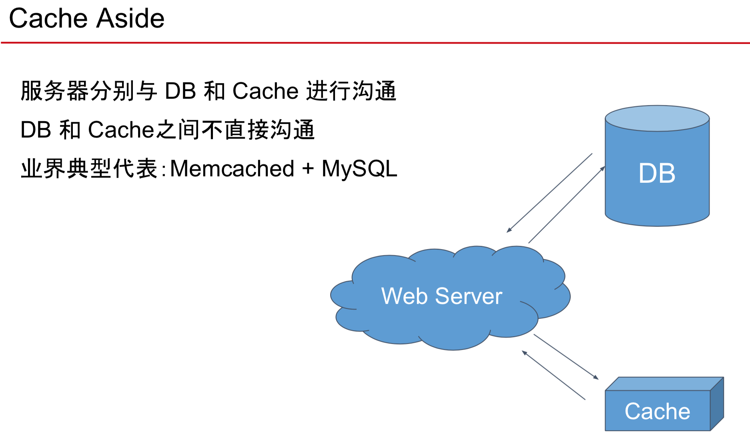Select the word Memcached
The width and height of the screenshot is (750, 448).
coord(232,168)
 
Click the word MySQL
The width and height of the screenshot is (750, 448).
coord(359,168)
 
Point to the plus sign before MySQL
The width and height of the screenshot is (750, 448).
coord(308,168)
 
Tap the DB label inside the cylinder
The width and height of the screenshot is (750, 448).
coord(657,173)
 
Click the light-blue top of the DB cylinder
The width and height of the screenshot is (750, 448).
coord(657,118)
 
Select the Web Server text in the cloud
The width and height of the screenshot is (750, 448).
coord(441,296)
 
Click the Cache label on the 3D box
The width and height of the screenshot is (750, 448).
coord(657,411)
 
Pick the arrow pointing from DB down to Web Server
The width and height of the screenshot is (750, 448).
coord(549,192)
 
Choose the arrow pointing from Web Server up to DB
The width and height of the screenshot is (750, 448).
coord(567,204)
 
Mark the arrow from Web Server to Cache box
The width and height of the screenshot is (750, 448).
coord(566,357)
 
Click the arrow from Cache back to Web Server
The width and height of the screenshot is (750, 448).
coord(553,375)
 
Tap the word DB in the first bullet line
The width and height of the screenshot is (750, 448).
coord(180,91)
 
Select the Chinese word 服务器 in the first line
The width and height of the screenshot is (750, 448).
coord(55,91)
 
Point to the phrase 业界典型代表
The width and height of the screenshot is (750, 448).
coord(89,168)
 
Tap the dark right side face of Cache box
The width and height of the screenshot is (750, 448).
coord(717,404)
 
